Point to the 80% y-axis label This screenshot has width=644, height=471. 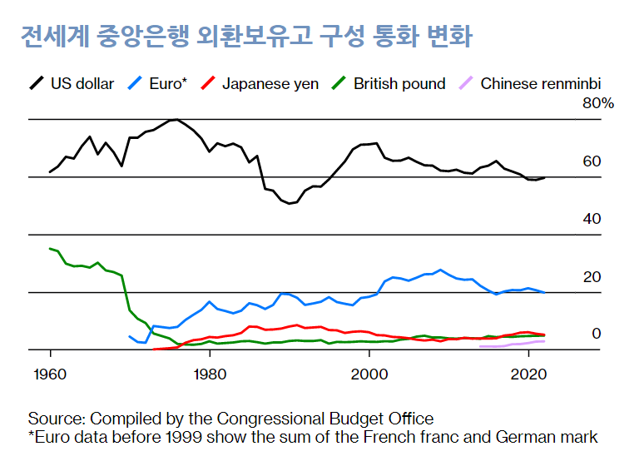click(597, 103)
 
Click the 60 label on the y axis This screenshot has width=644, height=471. click(592, 161)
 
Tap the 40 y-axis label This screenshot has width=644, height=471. click(592, 219)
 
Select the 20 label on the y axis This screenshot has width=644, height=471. click(592, 276)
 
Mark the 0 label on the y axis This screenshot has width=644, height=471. click(596, 334)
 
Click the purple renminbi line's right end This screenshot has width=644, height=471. click(544, 341)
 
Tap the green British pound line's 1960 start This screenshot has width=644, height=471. click(50, 248)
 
